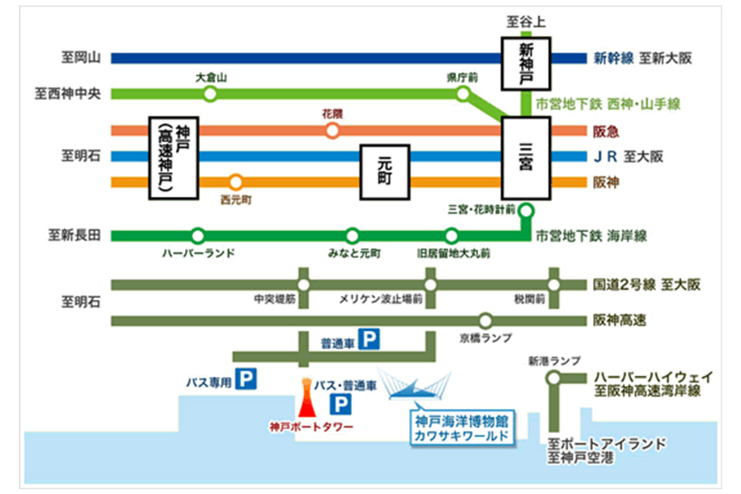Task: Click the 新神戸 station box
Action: click(x=526, y=63)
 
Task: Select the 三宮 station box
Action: click(x=526, y=158)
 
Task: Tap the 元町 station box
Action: click(x=384, y=172)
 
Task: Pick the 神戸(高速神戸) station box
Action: click(x=174, y=158)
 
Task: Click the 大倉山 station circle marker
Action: click(x=210, y=94)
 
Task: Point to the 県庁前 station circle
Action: click(x=463, y=94)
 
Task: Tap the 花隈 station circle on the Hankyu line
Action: click(x=332, y=130)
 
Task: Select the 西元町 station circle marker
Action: click(x=236, y=181)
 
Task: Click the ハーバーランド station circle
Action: click(x=197, y=235)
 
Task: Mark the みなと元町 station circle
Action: click(x=352, y=235)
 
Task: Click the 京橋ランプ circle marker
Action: click(x=485, y=320)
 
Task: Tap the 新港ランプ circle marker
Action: click(x=553, y=378)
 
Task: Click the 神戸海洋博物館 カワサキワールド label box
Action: click(x=462, y=428)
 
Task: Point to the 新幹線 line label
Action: click(x=613, y=59)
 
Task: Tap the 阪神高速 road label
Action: click(x=619, y=320)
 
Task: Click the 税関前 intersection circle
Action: click(x=554, y=285)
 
